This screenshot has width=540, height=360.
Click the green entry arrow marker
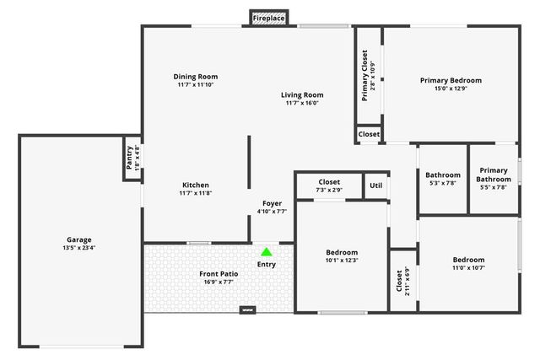point(267,251)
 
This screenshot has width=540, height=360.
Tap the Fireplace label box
point(269,18)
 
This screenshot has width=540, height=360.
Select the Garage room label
point(80,239)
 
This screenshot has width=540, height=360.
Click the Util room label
point(375,185)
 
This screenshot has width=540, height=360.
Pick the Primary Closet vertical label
point(365,76)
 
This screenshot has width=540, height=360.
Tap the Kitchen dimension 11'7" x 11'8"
point(195,194)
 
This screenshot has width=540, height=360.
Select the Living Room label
point(302,95)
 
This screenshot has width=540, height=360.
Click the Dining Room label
point(196,76)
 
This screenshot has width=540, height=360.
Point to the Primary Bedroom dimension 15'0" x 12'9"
point(451,89)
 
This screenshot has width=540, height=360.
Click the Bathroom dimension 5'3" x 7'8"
point(442,183)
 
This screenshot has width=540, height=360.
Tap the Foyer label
point(272,203)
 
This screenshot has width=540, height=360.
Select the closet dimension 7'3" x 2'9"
point(329,191)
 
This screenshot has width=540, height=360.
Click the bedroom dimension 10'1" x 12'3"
point(342,261)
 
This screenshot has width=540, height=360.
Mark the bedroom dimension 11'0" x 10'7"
point(468,268)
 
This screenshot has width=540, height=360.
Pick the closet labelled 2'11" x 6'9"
point(407,281)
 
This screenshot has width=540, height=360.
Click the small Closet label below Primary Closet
point(369,134)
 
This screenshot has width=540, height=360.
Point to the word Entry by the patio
point(267,265)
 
